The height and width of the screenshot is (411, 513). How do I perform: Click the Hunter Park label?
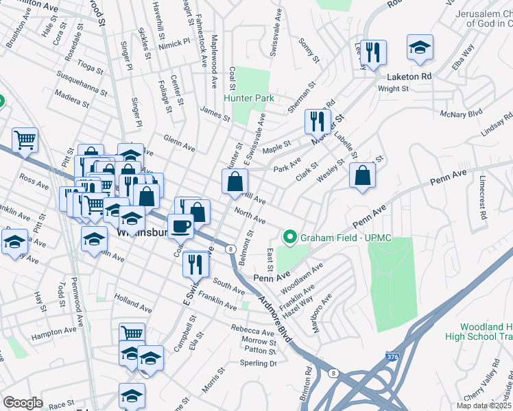point(251,98)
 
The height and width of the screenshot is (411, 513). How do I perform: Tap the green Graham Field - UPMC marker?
point(289,238)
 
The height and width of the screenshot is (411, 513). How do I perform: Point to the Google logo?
point(23,403)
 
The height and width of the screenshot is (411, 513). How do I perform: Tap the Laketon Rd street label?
point(408,76)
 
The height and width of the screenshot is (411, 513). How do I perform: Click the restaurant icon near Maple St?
point(318,121)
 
